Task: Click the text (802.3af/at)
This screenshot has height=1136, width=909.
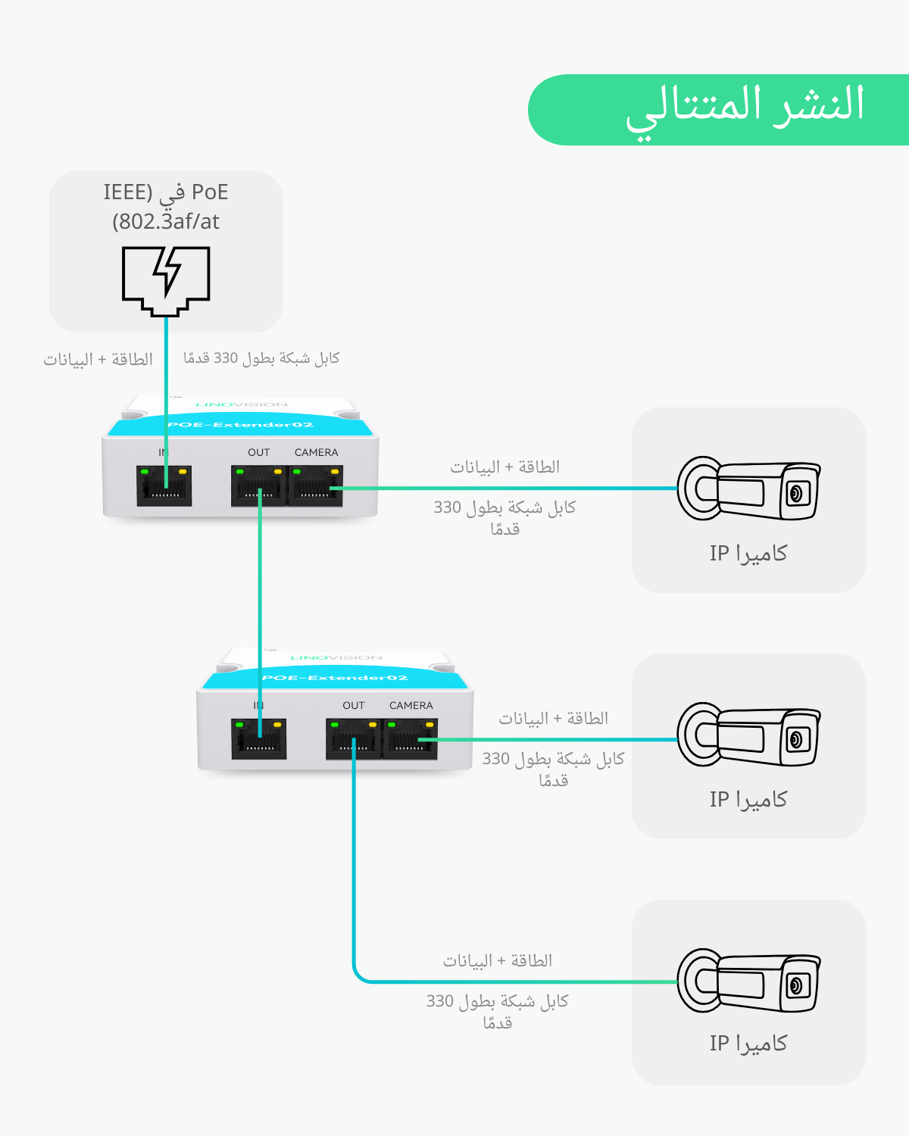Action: click(166, 221)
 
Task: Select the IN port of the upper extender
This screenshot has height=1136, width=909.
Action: click(164, 486)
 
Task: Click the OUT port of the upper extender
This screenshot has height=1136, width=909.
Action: click(259, 486)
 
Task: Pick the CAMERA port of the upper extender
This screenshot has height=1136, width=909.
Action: click(316, 486)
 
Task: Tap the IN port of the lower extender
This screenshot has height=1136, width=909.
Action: click(259, 739)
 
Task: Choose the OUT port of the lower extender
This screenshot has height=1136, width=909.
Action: click(354, 739)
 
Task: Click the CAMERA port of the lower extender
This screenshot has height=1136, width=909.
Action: click(411, 739)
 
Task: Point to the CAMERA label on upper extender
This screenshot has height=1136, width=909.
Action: click(316, 452)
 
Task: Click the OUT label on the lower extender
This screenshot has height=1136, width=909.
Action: click(354, 705)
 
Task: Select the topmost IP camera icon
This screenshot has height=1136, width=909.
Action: click(748, 489)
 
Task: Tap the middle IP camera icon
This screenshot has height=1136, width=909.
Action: click(748, 735)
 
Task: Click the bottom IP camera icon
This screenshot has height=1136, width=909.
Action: click(748, 982)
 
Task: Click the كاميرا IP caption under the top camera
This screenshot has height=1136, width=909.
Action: click(748, 554)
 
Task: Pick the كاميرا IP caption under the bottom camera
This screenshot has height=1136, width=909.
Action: click(748, 1044)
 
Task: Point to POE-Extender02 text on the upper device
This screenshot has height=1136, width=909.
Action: click(241, 425)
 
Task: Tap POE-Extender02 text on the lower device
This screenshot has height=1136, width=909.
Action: click(336, 678)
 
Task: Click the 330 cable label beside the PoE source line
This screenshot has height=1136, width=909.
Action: click(261, 357)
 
